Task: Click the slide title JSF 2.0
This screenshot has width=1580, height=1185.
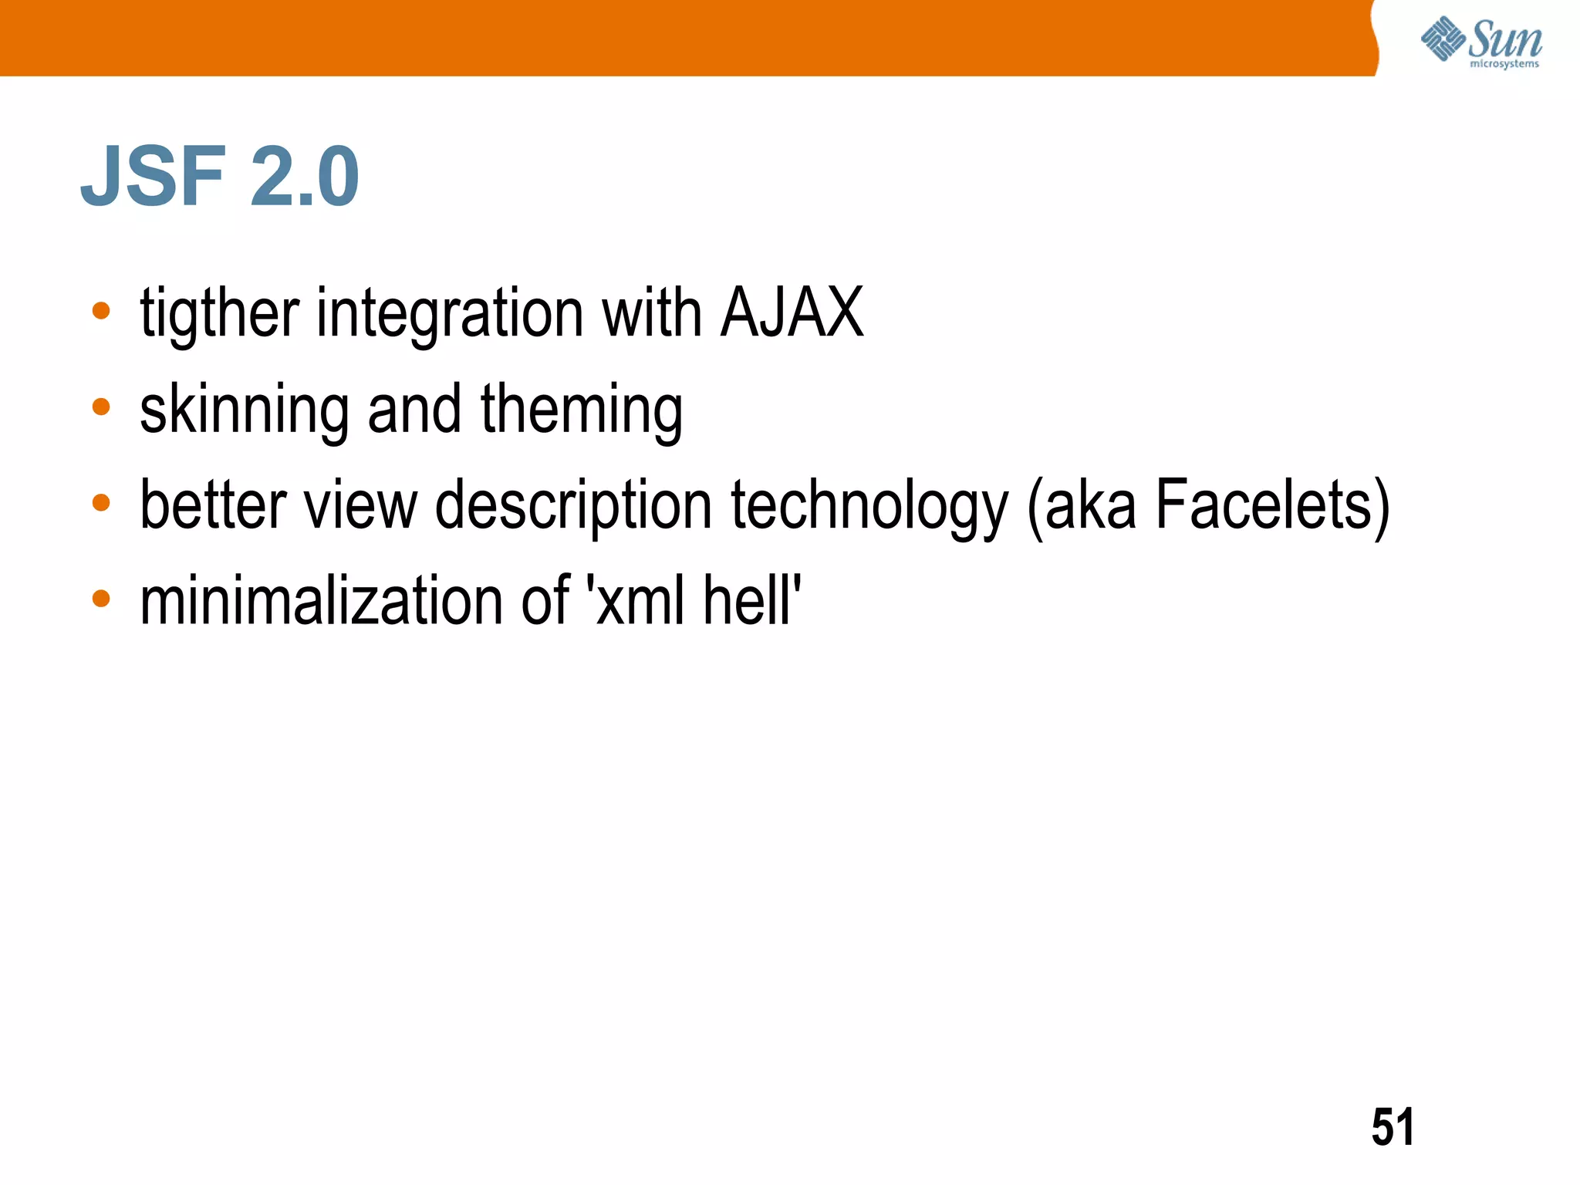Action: pyautogui.click(x=220, y=177)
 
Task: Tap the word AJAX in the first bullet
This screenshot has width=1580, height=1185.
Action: pyautogui.click(x=792, y=312)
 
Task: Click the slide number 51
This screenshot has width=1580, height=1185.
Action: pyautogui.click(x=1393, y=1127)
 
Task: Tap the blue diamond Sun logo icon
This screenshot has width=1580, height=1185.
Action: pyautogui.click(x=1443, y=39)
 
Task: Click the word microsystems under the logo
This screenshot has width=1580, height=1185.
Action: pyautogui.click(x=1504, y=64)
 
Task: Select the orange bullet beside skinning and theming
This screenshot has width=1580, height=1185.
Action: pyautogui.click(x=101, y=407)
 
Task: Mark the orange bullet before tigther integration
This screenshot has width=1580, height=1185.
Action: pyautogui.click(x=101, y=311)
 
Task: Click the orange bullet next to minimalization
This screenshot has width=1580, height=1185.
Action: pyautogui.click(x=101, y=599)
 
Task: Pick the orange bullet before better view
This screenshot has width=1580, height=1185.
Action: pyautogui.click(x=101, y=503)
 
